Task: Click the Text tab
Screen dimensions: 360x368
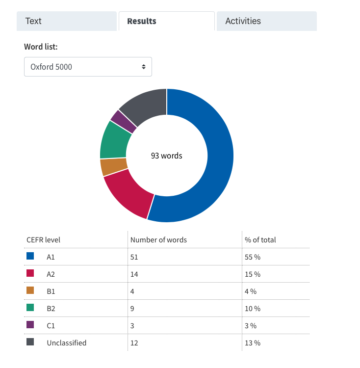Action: tap(67, 21)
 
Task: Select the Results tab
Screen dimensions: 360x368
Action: tap(167, 21)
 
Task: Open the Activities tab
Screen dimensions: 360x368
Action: tap(267, 21)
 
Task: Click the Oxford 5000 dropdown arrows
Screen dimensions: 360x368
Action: tap(144, 67)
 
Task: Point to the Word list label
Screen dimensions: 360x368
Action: tap(41, 47)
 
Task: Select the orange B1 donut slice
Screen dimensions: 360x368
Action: tap(113, 167)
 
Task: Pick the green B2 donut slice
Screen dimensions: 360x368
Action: tap(114, 141)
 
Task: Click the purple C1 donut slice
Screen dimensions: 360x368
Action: tap(123, 122)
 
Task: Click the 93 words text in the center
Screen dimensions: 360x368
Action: tap(167, 156)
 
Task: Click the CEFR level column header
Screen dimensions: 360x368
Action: tap(43, 240)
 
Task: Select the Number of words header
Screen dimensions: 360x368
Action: tap(158, 240)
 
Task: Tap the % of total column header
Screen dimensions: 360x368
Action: tap(260, 240)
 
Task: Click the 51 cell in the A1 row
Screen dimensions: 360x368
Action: tap(134, 257)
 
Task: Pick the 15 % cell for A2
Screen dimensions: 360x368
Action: tap(253, 274)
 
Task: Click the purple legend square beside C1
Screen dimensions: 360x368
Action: tap(30, 325)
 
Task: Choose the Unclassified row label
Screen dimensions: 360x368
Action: tap(67, 343)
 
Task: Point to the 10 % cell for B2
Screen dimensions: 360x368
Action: tap(253, 309)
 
